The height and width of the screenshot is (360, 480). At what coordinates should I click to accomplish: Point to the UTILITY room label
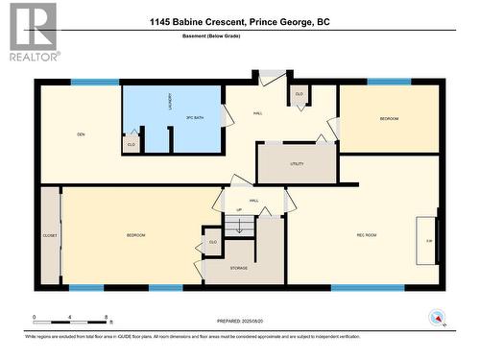296,164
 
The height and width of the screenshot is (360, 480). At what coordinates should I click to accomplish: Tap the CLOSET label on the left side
50,235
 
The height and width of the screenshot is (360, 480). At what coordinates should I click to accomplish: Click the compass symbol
438,316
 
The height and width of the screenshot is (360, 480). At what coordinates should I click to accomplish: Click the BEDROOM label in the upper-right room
389,118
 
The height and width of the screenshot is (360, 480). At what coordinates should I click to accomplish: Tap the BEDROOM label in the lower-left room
135,235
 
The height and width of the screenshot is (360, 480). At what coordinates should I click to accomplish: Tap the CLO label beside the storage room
211,243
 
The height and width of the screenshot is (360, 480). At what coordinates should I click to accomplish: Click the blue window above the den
95,83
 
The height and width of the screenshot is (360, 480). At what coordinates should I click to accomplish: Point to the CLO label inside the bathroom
132,144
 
